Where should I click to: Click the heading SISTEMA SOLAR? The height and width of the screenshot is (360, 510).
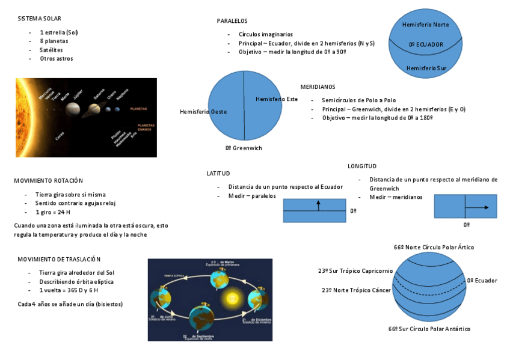39,19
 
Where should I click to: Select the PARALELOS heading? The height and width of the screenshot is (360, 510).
232,21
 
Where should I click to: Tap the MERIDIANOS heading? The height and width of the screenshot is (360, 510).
318,87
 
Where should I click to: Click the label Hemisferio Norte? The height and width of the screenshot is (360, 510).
425,25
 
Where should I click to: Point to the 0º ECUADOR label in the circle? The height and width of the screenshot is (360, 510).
426,44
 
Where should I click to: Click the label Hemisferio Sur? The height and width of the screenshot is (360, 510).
426,69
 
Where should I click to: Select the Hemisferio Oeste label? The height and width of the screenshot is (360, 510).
203,112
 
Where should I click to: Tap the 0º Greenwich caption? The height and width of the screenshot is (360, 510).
244,148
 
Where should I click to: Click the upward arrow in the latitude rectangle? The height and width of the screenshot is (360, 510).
319,206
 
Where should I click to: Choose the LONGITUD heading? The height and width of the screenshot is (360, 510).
362,166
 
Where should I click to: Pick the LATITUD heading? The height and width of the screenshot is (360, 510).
218,173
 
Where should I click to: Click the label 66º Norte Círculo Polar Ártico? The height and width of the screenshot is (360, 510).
434,247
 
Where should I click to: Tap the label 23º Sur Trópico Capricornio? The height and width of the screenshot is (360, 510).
355,271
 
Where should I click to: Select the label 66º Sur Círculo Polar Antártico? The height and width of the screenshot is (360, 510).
429,329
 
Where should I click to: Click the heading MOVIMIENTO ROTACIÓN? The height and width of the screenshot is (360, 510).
49,180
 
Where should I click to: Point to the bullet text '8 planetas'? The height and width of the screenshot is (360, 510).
54,41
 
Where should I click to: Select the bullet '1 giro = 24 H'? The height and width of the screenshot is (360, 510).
53,212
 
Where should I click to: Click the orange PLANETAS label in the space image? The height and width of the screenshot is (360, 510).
142,109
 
